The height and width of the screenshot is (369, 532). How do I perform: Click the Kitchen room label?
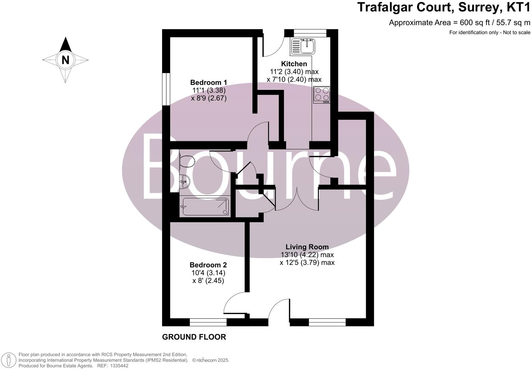(294, 64)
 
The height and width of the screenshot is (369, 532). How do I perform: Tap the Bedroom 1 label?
(208, 82)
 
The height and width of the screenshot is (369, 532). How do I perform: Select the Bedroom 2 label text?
(208, 265)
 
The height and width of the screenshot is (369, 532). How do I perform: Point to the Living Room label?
(307, 247)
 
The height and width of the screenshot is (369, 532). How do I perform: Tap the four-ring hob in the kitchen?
(322, 95)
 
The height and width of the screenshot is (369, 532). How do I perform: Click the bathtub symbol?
(205, 207)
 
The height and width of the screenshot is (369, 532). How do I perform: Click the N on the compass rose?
(65, 60)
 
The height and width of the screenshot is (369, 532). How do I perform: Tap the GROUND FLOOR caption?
(194, 337)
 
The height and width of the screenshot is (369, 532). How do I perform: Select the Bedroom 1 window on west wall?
(166, 89)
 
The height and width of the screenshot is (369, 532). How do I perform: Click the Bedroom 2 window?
(208, 322)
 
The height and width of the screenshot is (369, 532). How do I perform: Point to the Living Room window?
(327, 322)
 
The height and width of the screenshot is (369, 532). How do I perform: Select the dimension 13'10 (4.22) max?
(307, 255)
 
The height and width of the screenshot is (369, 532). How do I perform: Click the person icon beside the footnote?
(9, 360)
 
